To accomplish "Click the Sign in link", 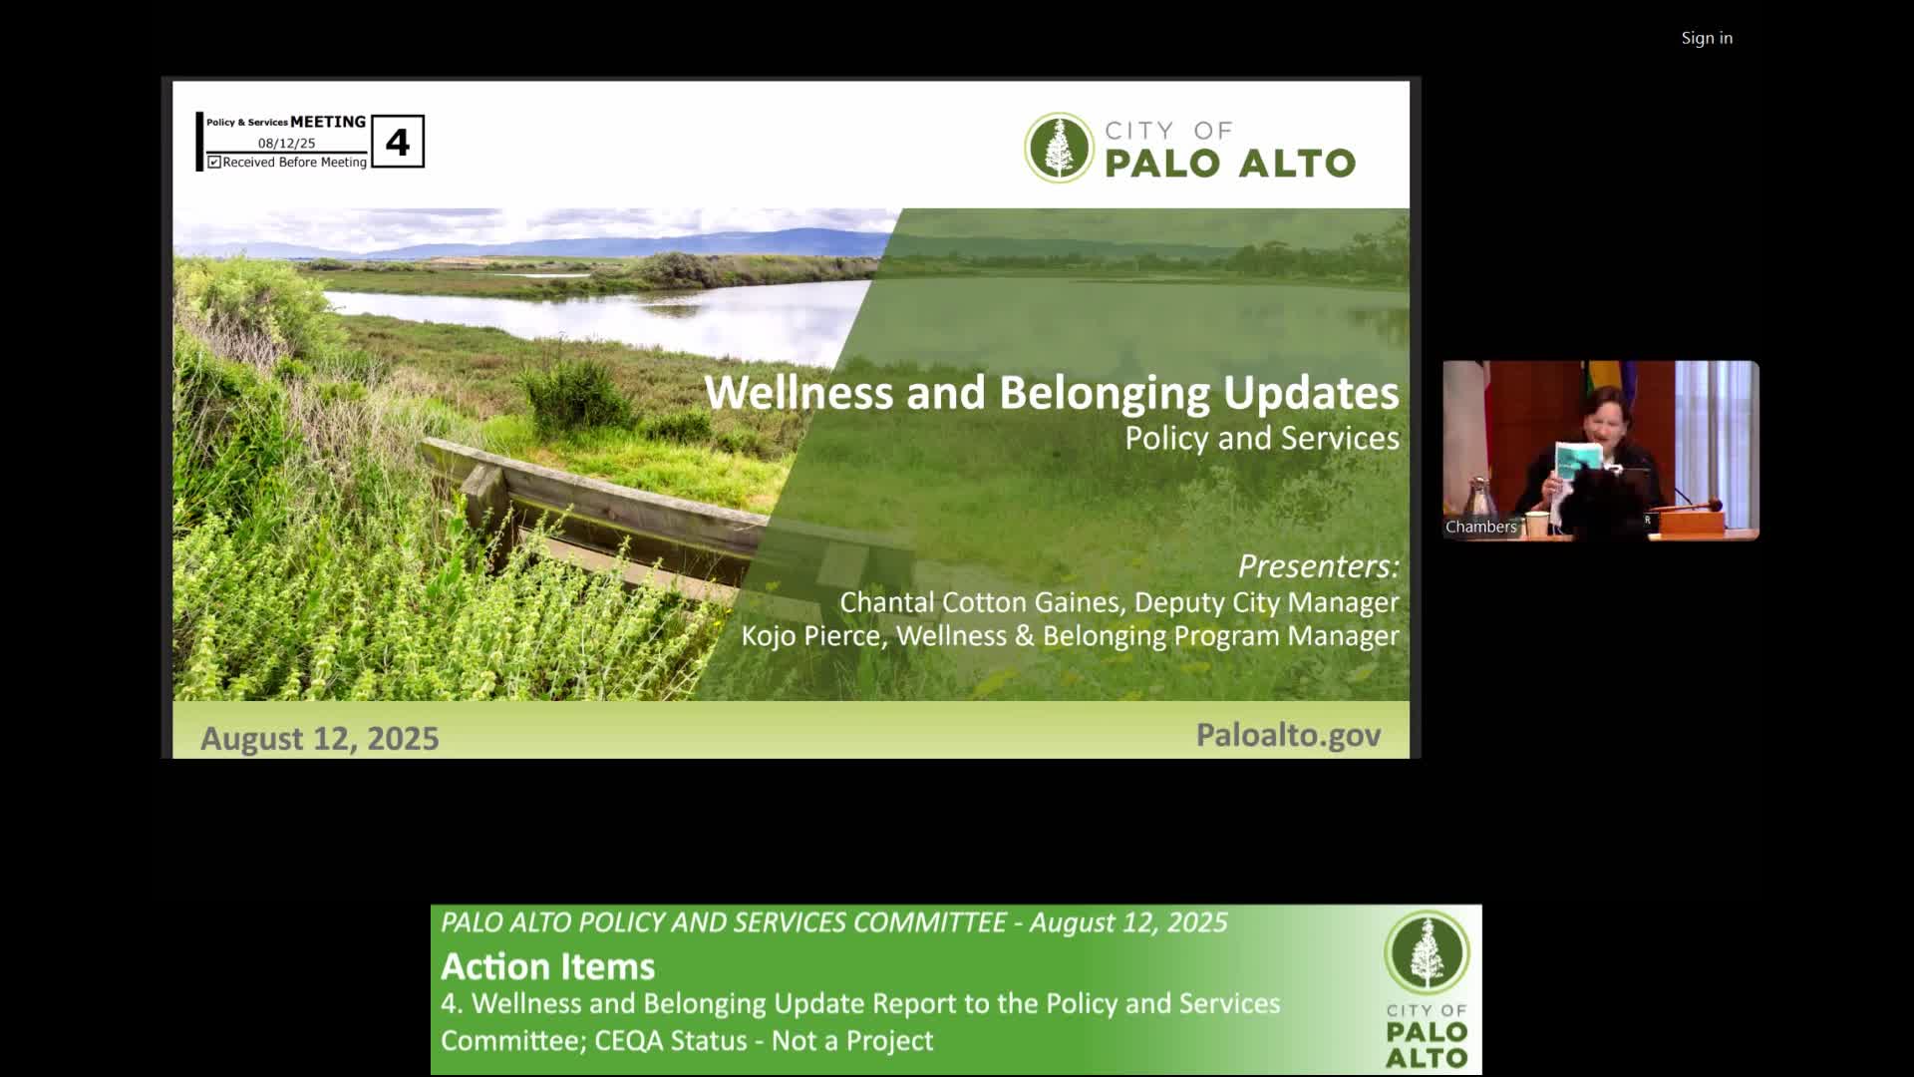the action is (x=1707, y=38).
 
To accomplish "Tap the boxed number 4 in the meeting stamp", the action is (x=398, y=142).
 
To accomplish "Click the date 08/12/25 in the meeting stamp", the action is (x=286, y=144).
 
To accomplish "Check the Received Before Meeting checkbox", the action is (x=214, y=162).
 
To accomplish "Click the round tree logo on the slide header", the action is (x=1060, y=148).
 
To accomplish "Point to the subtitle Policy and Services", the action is (x=1262, y=438).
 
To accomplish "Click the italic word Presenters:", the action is (x=1318, y=565).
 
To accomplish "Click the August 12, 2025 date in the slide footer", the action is (x=320, y=738).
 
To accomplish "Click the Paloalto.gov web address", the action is (x=1288, y=735).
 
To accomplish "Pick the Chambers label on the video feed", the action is (x=1480, y=527).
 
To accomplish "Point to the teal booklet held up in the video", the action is (x=1579, y=461).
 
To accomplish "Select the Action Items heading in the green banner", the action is (x=548, y=966).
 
